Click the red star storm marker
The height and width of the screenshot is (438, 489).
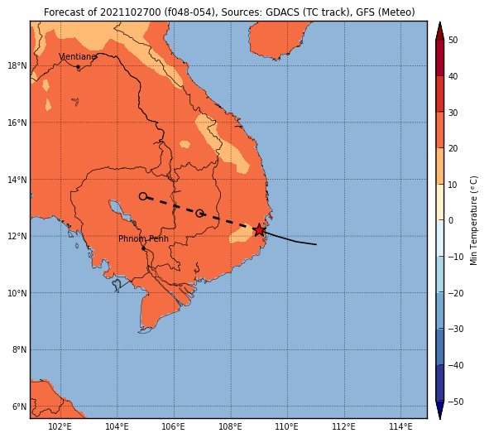pos(259,230)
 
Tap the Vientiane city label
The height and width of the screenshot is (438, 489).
pos(78,56)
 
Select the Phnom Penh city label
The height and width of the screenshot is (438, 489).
pos(143,238)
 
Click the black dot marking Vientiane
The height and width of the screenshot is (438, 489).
pos(78,66)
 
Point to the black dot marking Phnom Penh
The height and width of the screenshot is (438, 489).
pos(143,248)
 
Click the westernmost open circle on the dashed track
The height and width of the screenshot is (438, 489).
pos(143,196)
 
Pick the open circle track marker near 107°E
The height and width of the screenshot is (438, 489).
pos(199,214)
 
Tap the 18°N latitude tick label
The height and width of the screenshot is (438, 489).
pos(17,66)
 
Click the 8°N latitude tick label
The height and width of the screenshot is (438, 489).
pos(19,349)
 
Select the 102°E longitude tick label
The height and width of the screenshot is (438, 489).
pos(60,426)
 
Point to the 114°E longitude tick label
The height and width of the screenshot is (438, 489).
pos(400,426)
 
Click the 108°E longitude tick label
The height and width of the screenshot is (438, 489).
pos(231,426)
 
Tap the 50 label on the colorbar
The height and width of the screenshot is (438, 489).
pos(453,40)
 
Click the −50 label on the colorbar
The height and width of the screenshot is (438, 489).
pos(456,402)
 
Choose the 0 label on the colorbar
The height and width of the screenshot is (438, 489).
pos(451,220)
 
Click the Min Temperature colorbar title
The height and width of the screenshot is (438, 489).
pos(474,220)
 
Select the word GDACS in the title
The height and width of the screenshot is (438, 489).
pos(280,12)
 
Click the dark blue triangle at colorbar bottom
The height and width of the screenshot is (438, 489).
pos(439,410)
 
